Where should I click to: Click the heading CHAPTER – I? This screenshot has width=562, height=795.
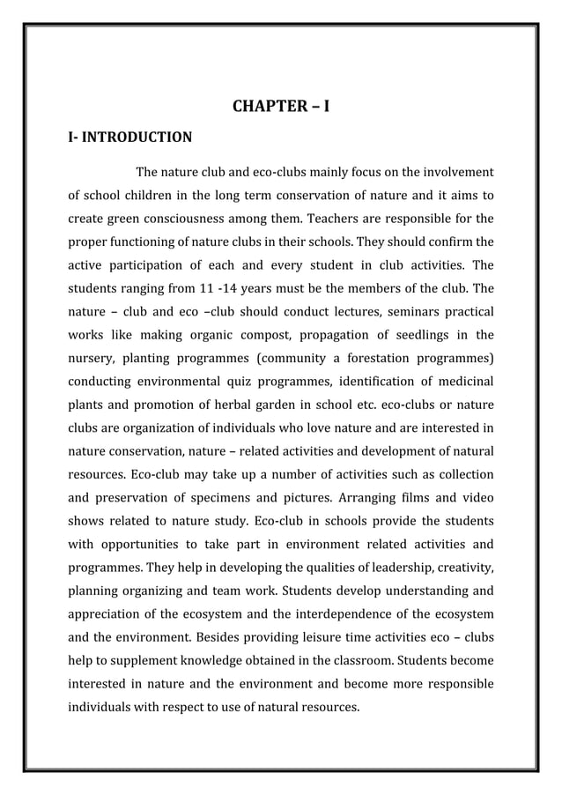point(281,108)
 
